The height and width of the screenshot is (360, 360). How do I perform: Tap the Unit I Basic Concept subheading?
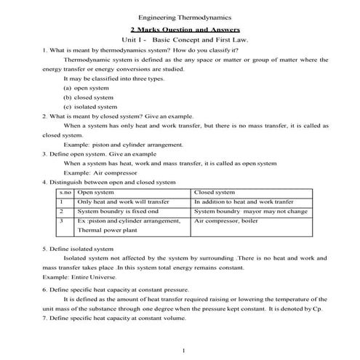[185, 40]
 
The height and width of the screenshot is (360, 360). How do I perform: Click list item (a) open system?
[87, 87]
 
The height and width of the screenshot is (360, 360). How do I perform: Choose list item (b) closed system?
[88, 97]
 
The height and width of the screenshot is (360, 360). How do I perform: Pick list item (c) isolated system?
[89, 106]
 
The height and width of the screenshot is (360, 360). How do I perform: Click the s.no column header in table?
[65, 192]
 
